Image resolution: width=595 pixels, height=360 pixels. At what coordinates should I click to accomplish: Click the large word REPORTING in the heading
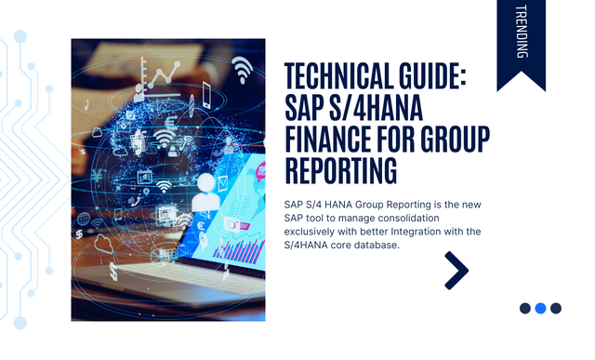340,173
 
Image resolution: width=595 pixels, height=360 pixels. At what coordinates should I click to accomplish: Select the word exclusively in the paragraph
317,231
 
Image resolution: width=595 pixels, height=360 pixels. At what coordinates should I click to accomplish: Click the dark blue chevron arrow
456,269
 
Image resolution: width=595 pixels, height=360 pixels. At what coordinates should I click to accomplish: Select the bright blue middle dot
540,308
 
